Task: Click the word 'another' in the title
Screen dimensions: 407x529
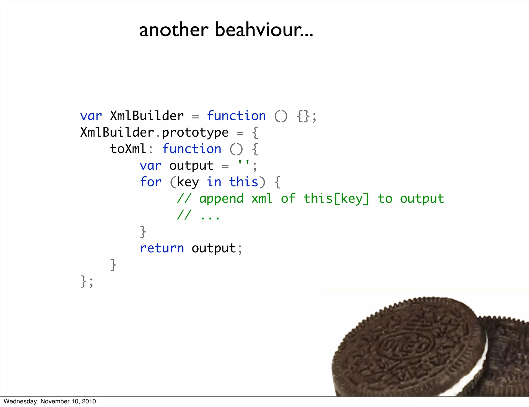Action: [174, 30]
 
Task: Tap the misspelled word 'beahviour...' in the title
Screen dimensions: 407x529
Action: [264, 30]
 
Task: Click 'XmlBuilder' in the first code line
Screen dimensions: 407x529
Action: [147, 116]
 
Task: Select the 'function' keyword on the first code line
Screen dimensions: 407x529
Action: [236, 116]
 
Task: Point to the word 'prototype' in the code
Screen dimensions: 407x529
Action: [195, 133]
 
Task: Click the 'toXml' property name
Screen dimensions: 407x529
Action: [128, 149]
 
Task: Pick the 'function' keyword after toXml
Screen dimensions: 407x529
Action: [192, 149]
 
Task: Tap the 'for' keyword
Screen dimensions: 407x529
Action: [151, 182]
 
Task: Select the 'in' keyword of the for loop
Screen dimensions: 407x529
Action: [214, 182]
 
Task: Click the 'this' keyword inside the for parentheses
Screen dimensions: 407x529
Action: [244, 182]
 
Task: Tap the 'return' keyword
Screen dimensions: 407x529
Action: [162, 248]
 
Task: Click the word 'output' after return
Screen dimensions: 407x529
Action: [214, 248]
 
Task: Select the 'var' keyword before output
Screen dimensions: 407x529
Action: [151, 166]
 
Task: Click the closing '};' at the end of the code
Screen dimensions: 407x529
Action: [87, 281]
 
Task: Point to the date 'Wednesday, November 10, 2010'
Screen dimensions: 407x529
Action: [50, 401]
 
